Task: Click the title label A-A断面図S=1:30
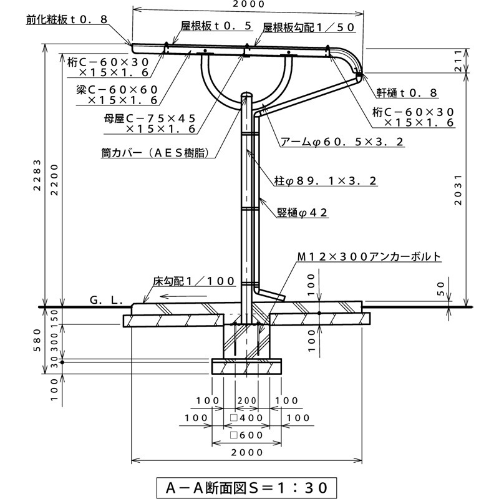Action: point(249,485)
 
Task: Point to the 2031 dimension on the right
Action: point(458,188)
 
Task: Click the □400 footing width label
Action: point(246,417)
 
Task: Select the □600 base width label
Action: point(246,435)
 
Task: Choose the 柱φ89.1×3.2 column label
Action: point(324,181)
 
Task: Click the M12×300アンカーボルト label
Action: point(369,256)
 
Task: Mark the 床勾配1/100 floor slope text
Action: point(193,281)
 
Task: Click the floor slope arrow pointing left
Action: point(182,296)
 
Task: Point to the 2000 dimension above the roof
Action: point(248,5)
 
